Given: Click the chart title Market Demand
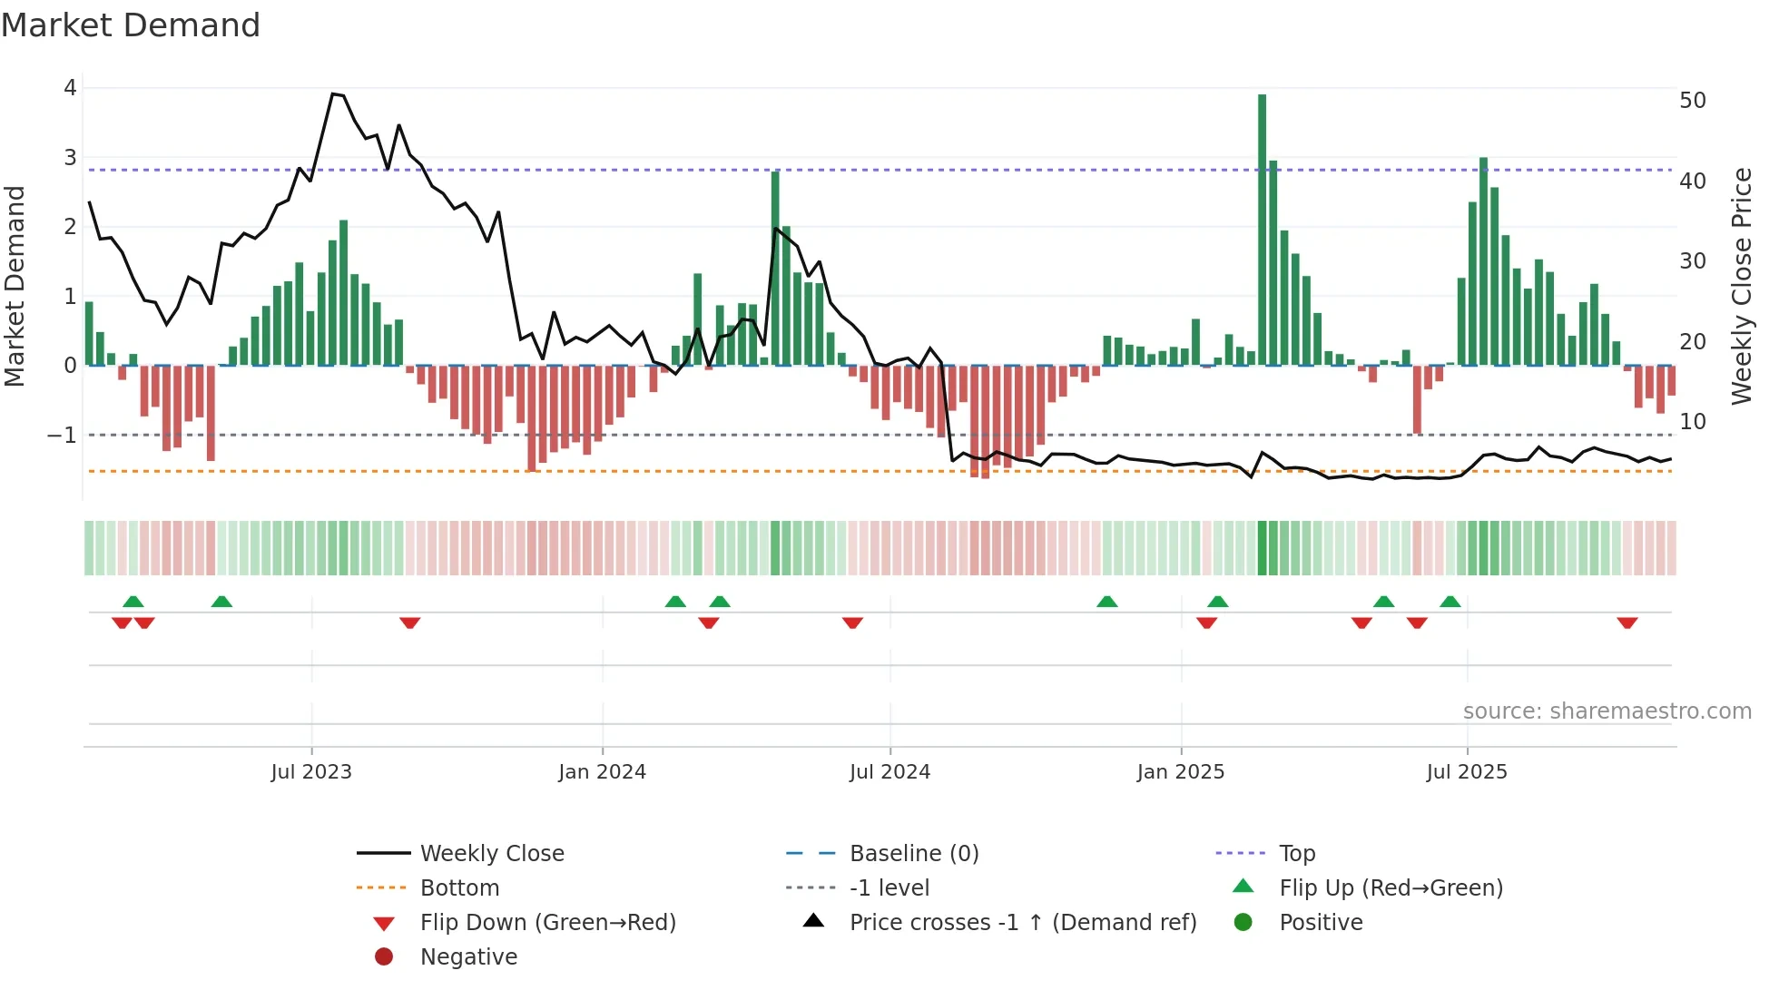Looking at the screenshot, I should [131, 25].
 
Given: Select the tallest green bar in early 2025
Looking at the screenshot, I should [1262, 227].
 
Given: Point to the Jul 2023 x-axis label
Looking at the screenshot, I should [311, 772].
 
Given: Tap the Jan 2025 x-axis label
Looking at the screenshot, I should [1180, 772].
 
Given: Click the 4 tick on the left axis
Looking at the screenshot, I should [70, 88].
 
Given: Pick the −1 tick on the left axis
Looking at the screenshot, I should [63, 436].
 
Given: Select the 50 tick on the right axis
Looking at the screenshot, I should [1692, 101].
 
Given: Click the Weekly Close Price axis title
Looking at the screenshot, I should [1741, 286].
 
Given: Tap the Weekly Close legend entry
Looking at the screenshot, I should [491, 854].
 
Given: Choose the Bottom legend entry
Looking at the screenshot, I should [459, 888].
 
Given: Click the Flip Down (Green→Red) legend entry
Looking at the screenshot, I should [547, 923].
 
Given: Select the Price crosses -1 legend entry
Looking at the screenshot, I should [1022, 923].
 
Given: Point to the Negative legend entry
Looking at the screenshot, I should [468, 957].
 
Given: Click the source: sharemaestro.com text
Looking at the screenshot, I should [1607, 711].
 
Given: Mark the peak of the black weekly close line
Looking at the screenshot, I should [333, 94].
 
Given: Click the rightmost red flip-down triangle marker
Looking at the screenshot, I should [1627, 623].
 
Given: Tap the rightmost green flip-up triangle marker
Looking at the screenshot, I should [1450, 602].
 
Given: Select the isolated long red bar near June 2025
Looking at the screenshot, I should [1417, 399].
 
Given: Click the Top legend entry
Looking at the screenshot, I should [1296, 854].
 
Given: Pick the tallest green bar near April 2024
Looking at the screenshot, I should [775, 268].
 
